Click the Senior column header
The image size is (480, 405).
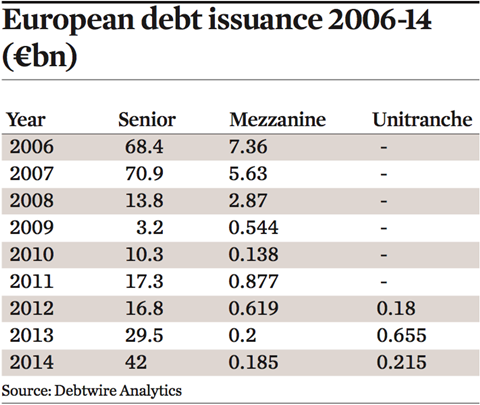pos(147,119)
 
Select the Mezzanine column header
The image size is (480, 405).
pos(278,119)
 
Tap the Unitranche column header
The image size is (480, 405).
pos(422,119)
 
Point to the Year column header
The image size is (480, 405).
pos(26,119)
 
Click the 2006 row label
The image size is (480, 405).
pos(31,147)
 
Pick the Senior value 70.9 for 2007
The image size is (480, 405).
pos(144,174)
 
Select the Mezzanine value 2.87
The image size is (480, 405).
pos(248,201)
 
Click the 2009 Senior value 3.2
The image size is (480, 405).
pos(150,228)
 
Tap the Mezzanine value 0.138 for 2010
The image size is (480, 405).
pos(253,255)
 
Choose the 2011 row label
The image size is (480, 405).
pos(31,282)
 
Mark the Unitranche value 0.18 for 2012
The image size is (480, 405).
pos(396,308)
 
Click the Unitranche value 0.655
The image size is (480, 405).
pos(402,335)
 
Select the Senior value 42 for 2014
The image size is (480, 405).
pos(136,362)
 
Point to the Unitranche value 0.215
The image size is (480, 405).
pos(402,362)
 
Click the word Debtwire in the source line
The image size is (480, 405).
pos(85,391)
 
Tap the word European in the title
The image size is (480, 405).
pos(68,20)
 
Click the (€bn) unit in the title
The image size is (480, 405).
pos(40,56)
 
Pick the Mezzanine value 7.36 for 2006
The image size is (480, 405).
pos(248,147)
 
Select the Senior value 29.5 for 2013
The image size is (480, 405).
pos(144,335)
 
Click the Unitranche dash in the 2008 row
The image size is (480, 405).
pos(384,201)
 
